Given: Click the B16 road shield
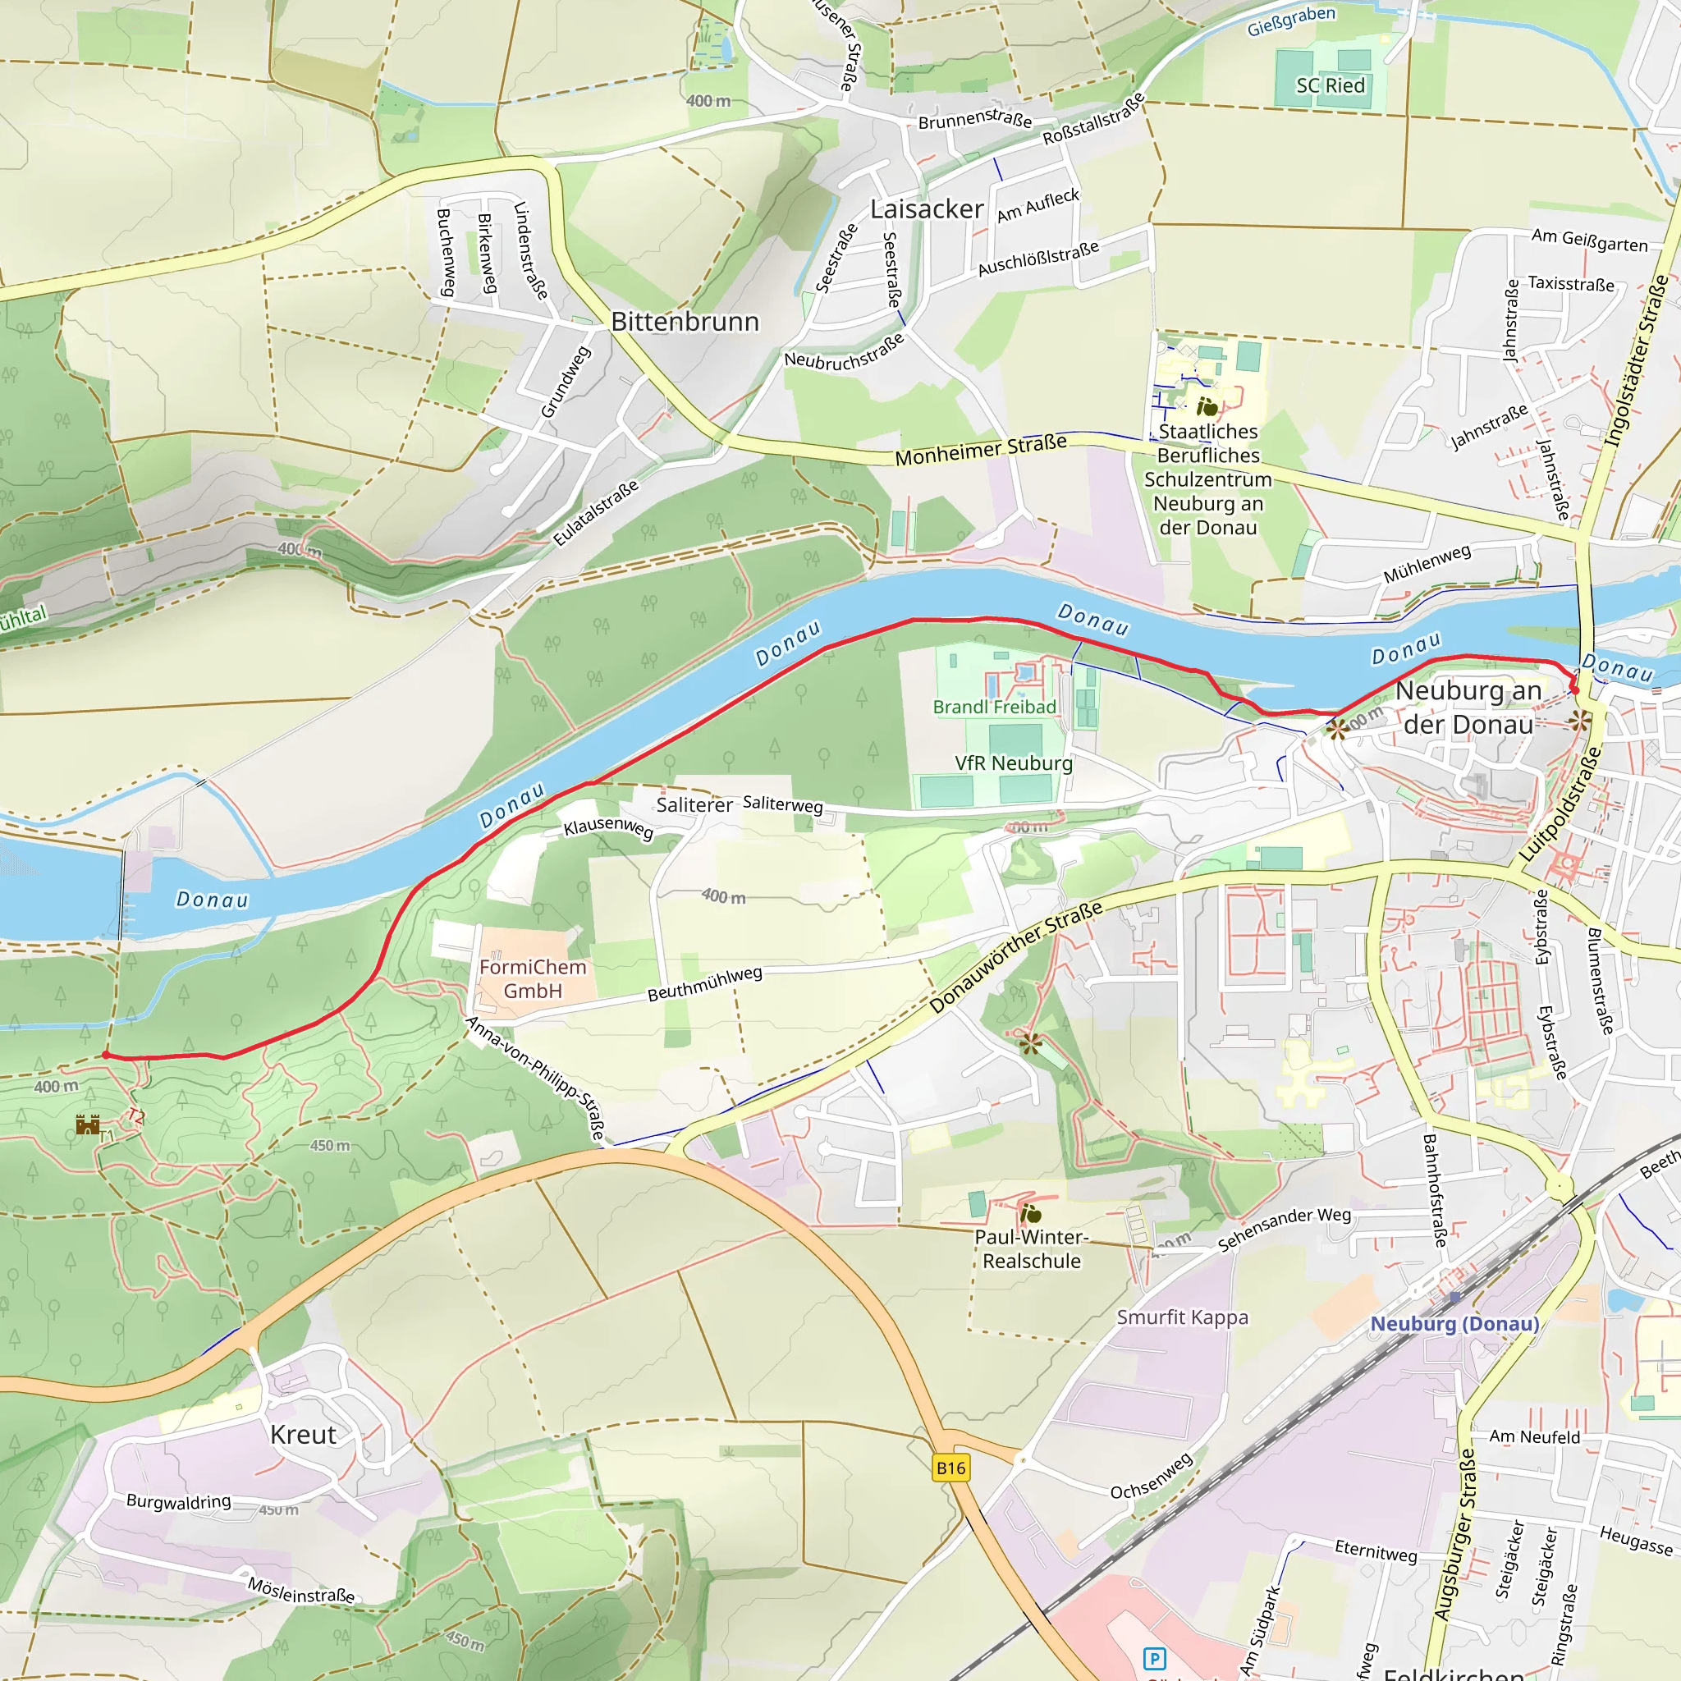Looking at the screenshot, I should (950, 1468).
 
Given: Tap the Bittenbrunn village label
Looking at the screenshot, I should (685, 322).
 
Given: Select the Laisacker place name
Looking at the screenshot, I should (927, 209).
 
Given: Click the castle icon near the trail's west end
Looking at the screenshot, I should (87, 1125).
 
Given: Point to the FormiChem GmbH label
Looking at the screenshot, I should (533, 979).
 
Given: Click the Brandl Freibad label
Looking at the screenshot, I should (994, 707).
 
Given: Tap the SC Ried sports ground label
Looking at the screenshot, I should (1331, 85).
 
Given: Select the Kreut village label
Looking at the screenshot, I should (303, 1435).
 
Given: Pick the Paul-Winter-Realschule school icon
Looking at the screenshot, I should (1030, 1213).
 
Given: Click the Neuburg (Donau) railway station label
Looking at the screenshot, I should (1454, 1323).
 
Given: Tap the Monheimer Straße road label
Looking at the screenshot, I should (981, 450).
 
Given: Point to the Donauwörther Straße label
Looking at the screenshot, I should (1015, 957).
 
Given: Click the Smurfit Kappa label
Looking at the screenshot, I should (1183, 1317).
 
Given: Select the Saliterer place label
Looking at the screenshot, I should (694, 805).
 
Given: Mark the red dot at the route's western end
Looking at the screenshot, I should (106, 1055).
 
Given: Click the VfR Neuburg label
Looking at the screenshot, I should (1014, 763).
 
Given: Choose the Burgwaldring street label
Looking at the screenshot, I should (178, 1501).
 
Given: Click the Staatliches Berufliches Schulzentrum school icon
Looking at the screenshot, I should (1207, 406).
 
